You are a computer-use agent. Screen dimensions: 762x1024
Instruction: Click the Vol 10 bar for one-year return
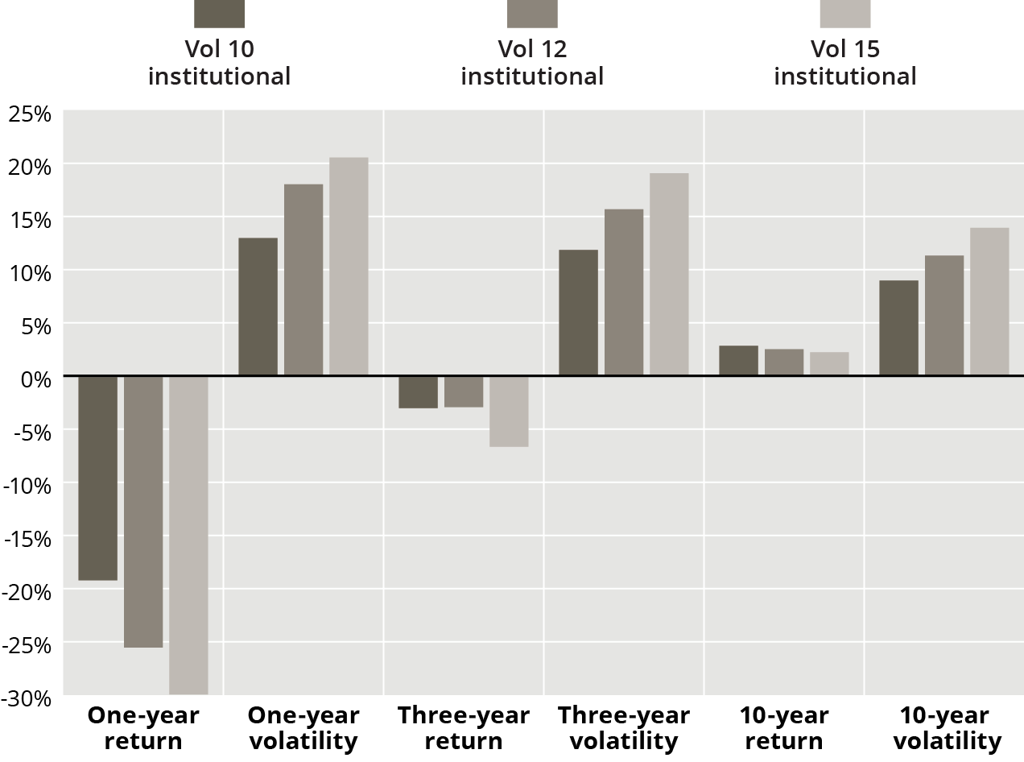[x=97, y=478]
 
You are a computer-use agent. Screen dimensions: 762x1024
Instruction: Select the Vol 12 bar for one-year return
[x=143, y=511]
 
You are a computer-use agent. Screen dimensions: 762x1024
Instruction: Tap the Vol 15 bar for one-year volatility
[x=349, y=267]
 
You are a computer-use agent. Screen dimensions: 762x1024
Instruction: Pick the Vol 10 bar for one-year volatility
[x=258, y=307]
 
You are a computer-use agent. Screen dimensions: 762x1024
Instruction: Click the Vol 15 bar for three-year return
[x=509, y=411]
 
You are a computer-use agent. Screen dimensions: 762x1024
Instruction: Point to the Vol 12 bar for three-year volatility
[x=624, y=292]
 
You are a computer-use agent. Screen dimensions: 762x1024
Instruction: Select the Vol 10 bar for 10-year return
[x=738, y=361]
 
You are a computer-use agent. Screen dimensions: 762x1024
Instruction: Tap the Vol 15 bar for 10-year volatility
[x=989, y=302]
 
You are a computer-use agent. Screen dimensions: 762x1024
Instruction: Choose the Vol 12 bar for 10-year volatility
[x=944, y=316]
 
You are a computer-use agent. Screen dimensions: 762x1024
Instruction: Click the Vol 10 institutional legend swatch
[x=219, y=14]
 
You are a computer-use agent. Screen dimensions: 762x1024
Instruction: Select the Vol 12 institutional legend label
[x=532, y=63]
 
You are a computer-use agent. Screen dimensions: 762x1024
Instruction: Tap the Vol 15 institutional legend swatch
[x=844, y=14]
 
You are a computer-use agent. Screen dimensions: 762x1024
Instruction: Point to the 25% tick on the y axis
[x=30, y=113]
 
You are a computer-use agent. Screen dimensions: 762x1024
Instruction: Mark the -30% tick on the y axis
[x=27, y=698]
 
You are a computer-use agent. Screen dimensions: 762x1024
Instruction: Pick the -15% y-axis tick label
[x=27, y=538]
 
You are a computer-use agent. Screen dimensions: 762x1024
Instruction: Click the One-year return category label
[x=143, y=728]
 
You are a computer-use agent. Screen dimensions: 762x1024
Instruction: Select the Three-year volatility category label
[x=624, y=728]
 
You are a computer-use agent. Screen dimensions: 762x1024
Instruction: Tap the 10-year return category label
[x=783, y=728]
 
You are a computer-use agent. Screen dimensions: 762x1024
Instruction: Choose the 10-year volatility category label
[x=943, y=728]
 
